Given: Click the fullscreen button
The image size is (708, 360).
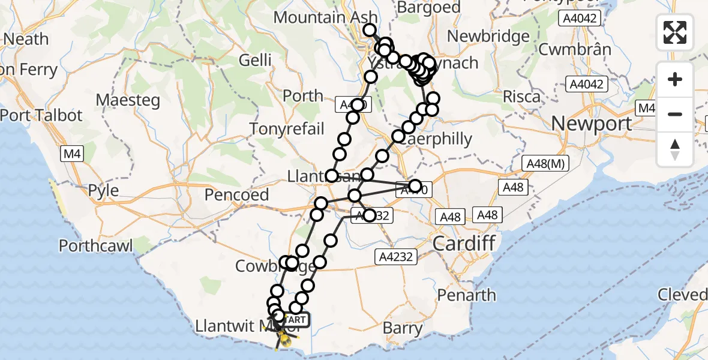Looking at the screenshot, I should click(x=675, y=32).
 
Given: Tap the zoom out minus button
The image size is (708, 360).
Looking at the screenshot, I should click(x=675, y=114).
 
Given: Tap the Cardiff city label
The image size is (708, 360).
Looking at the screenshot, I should click(x=464, y=244).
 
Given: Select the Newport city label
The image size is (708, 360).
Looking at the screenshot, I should click(x=591, y=124).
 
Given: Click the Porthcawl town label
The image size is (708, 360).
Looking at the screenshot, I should click(x=96, y=245).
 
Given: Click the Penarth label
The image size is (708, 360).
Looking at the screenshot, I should click(x=466, y=295).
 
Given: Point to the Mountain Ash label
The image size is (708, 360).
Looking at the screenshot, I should click(x=325, y=17).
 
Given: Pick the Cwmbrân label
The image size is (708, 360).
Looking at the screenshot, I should click(x=574, y=50).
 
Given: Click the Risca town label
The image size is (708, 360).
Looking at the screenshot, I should click(x=521, y=96).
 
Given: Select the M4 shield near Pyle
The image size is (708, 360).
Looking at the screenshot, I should click(x=71, y=155).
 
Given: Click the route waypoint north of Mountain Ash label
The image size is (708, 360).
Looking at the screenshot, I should click(x=369, y=30).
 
